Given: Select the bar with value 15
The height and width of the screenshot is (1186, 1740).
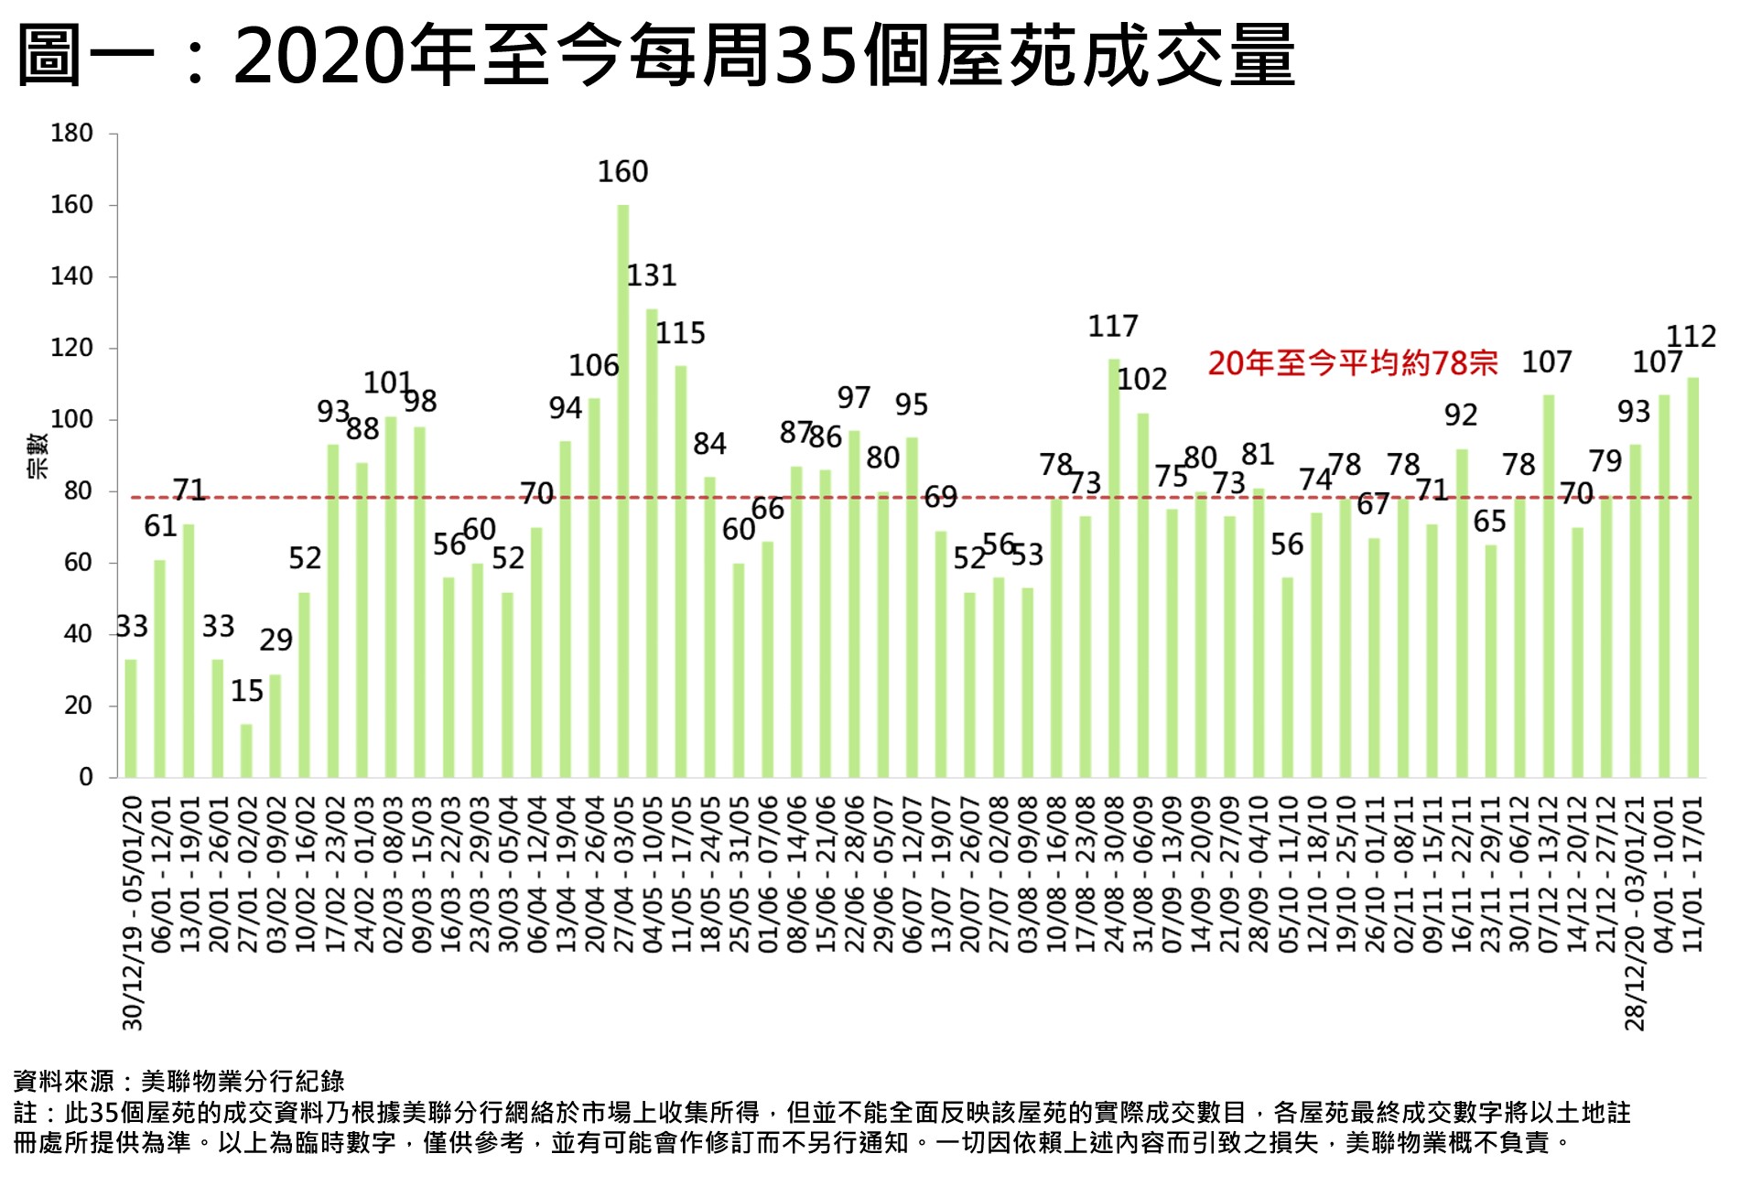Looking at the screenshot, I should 246,750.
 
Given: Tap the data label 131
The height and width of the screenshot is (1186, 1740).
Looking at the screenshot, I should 652,275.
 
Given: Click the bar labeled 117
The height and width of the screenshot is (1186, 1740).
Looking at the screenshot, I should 1114,567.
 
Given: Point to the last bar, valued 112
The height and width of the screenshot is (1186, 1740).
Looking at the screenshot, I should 1692,577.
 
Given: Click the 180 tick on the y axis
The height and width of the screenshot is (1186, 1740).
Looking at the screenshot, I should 71,134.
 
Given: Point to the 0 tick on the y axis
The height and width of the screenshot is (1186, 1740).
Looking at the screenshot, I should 86,777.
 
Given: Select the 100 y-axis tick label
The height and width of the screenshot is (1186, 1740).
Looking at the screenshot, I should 71,420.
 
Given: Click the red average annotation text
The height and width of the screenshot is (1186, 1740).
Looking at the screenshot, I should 1352,363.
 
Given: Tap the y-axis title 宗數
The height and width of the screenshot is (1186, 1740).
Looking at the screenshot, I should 38,456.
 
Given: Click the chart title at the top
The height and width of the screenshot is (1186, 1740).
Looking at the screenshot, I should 655,56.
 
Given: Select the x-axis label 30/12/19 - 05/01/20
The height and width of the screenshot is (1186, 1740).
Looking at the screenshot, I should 134,912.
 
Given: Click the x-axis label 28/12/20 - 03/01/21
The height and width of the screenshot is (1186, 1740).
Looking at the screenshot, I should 1636,912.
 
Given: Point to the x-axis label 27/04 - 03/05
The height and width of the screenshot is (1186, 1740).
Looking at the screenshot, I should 623,874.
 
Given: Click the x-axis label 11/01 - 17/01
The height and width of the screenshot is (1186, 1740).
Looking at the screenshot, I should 1693,874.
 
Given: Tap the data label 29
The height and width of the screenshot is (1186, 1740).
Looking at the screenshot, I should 276,640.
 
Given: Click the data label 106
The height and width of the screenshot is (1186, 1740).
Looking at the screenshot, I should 594,366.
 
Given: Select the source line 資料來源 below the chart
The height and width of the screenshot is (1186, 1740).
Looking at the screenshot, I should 179,1081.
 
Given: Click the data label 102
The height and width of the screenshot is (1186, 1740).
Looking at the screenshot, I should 1142,380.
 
